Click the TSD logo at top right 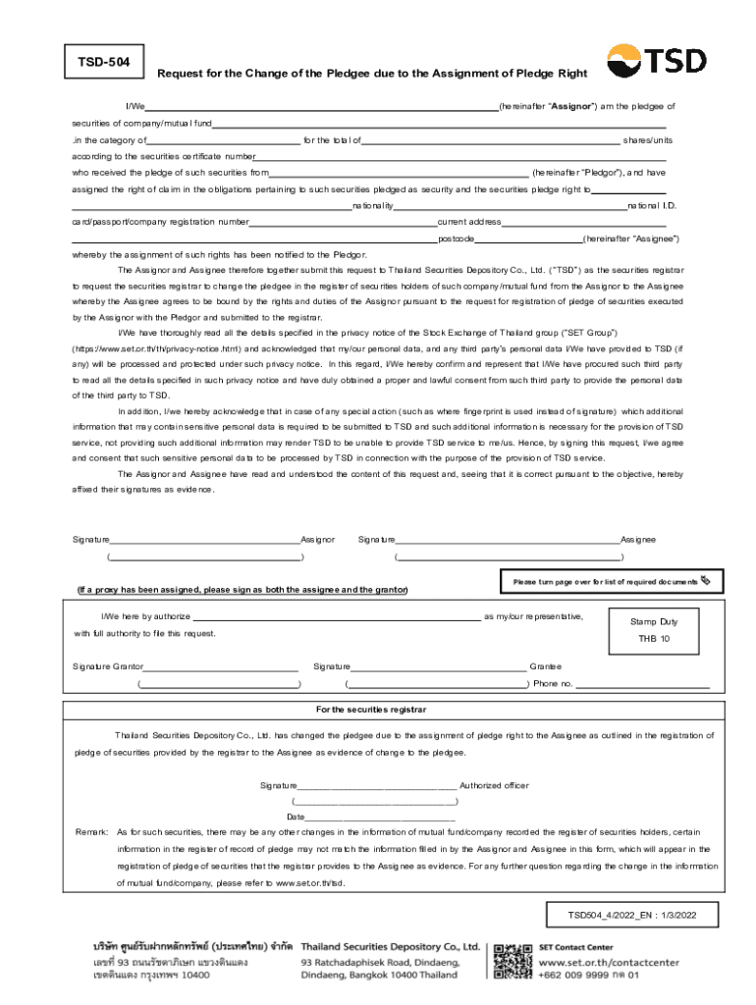(656, 62)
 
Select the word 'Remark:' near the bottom (91, 832)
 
